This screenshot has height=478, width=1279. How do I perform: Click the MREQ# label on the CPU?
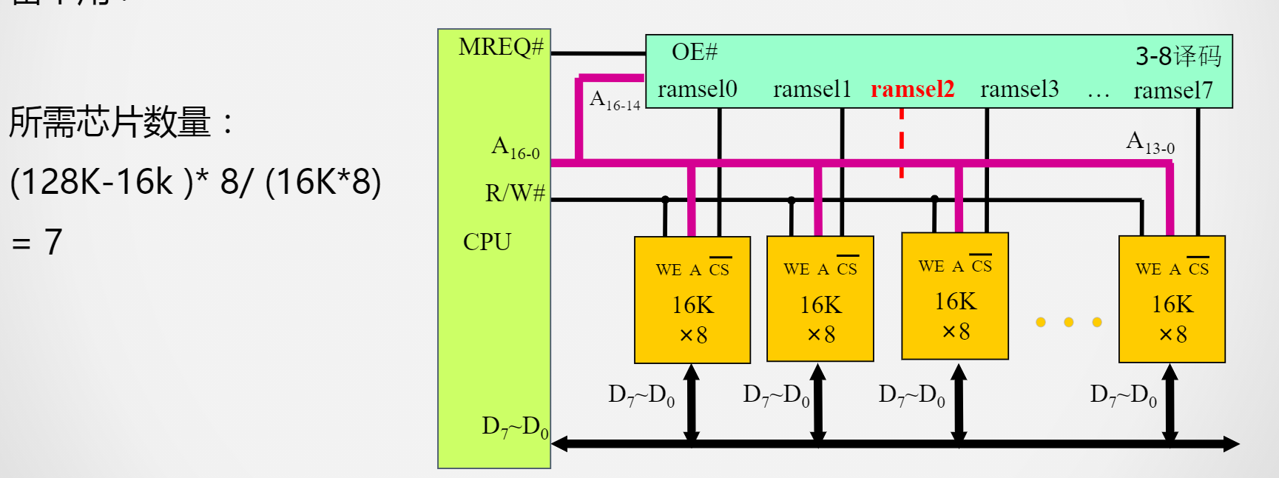(501, 47)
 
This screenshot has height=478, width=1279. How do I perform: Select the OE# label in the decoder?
(694, 52)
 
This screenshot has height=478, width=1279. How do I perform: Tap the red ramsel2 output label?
(912, 90)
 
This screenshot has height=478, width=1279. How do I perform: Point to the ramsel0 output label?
(697, 90)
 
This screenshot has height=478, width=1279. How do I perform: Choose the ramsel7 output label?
(1173, 90)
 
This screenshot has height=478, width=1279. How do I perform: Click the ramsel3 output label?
(1019, 90)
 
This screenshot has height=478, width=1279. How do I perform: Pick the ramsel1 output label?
(812, 90)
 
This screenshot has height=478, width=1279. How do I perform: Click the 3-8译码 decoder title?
(1178, 55)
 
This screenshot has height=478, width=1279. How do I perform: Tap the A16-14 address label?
(614, 100)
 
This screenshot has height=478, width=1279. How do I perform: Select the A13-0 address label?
(1150, 142)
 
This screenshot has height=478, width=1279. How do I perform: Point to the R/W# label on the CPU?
(515, 193)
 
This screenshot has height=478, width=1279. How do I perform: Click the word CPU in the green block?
(487, 242)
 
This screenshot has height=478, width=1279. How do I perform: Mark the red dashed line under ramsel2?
(901, 144)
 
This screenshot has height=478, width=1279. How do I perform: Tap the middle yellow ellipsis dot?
(1069, 322)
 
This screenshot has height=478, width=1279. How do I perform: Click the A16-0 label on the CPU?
(515, 147)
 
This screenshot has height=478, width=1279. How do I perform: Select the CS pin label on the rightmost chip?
(1198, 269)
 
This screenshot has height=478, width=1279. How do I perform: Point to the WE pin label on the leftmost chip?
(668, 270)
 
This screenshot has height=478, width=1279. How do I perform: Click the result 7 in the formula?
(53, 242)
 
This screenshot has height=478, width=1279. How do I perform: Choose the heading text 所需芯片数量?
(109, 122)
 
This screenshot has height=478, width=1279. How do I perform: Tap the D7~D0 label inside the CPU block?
(515, 427)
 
